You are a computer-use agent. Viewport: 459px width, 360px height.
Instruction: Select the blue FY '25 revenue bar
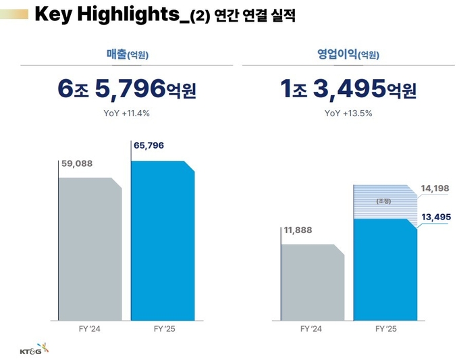click(162, 240)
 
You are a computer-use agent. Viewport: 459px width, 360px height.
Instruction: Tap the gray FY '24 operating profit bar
click(312, 282)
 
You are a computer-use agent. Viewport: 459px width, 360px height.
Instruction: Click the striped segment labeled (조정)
click(383, 201)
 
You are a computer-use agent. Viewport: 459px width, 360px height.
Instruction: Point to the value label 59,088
click(76, 163)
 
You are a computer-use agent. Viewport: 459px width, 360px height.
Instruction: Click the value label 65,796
click(149, 146)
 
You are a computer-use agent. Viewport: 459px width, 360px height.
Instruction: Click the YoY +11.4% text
click(128, 113)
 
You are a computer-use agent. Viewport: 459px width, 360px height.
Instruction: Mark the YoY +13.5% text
click(348, 113)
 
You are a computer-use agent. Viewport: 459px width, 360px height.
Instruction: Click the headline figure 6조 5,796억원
click(127, 88)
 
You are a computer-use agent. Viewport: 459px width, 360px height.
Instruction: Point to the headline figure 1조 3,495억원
click(348, 88)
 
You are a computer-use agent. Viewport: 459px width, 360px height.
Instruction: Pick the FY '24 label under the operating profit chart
click(312, 329)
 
